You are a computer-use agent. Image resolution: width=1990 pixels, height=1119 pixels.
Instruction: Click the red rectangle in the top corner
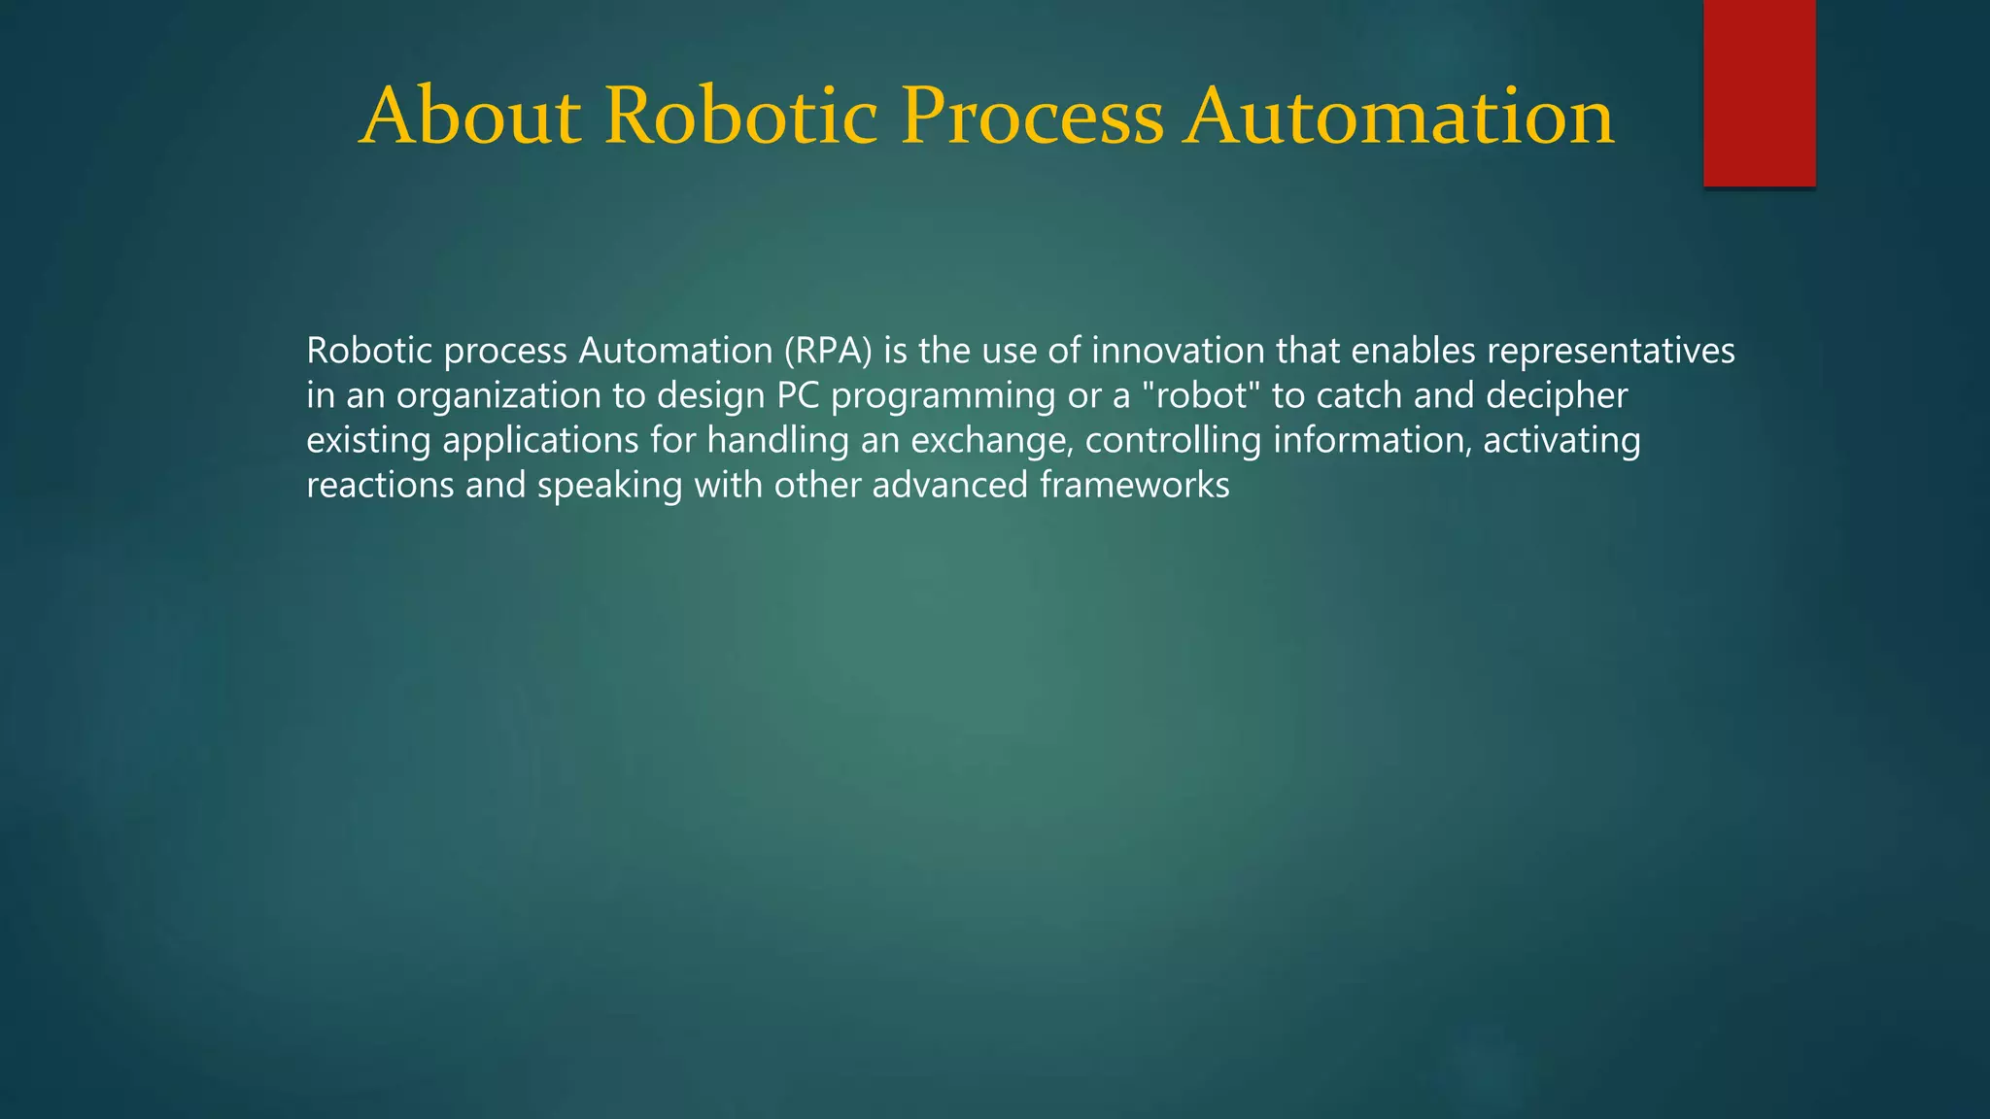point(1759,92)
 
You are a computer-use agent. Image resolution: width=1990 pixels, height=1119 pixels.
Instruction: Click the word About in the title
point(470,117)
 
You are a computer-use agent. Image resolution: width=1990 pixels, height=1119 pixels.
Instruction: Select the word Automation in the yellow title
point(1398,117)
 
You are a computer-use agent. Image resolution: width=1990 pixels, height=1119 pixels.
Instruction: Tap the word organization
point(498,395)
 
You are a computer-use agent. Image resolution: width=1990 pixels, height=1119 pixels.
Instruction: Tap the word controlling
point(1173,441)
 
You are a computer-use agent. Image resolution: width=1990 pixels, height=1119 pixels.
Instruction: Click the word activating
point(1561,441)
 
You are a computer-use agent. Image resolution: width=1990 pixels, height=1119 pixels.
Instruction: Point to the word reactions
point(380,485)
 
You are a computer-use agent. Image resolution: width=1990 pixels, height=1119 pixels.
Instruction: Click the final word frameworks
point(1134,485)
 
